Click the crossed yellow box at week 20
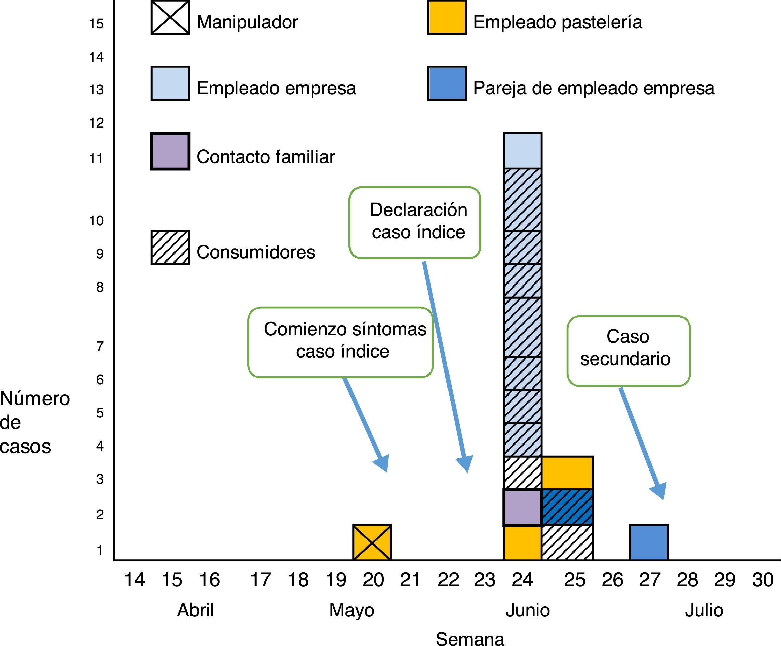click(372, 542)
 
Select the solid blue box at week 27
click(649, 542)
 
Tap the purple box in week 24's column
click(522, 507)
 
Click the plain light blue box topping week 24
click(523, 151)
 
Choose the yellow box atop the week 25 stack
click(567, 472)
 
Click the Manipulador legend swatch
click(170, 17)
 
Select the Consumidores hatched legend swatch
click(170, 247)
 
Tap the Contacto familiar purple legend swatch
click(170, 151)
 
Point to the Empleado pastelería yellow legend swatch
click(447, 17)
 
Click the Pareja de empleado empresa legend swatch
click(447, 83)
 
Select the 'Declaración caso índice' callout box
click(415, 222)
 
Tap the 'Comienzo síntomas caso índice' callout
click(340, 342)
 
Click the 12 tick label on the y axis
click(96, 123)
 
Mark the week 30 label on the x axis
click(762, 580)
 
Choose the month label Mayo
click(352, 610)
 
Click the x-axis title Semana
click(470, 638)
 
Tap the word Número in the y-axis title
click(35, 399)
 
